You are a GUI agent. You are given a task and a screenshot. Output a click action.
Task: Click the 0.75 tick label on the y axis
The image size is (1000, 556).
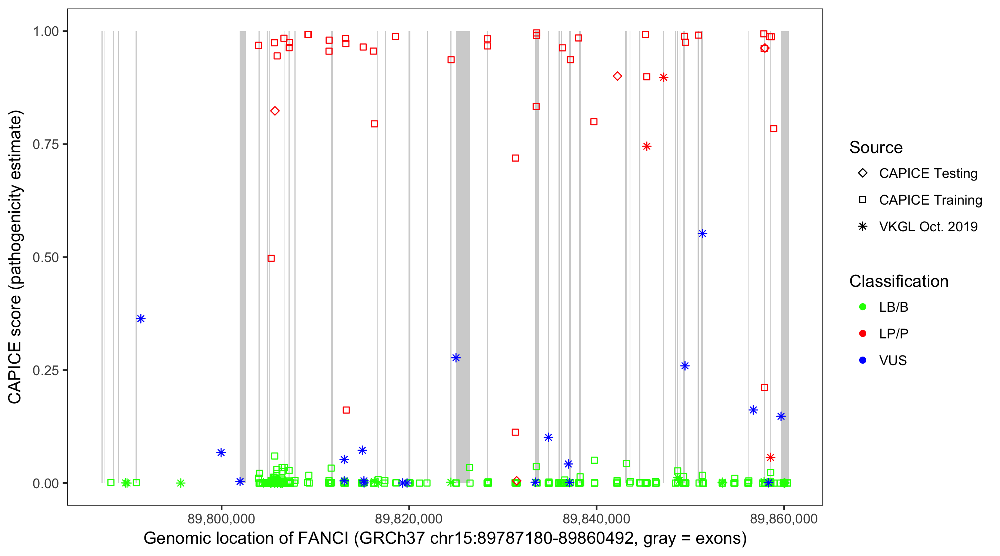[45, 145]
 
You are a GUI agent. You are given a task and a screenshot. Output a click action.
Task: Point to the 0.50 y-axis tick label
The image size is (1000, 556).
[45, 257]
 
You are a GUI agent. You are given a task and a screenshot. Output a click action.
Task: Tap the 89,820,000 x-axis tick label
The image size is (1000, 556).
[409, 519]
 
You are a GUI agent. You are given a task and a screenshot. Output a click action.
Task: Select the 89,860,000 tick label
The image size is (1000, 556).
[784, 519]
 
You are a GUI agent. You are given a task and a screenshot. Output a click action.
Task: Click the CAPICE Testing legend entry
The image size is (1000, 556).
[928, 173]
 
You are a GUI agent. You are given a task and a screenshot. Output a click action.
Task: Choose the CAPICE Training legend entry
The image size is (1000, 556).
[930, 200]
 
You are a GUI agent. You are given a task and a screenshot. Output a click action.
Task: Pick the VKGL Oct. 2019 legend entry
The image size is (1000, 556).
[928, 226]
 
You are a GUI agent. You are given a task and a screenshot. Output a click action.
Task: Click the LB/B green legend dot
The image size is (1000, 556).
[863, 307]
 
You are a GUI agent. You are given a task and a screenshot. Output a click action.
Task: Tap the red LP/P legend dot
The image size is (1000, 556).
[863, 334]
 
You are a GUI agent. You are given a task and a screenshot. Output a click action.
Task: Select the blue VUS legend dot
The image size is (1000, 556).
[863, 360]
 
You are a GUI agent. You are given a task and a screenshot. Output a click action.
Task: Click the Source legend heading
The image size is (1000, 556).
[876, 148]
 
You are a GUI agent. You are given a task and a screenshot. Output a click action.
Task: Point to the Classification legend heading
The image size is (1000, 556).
[899, 281]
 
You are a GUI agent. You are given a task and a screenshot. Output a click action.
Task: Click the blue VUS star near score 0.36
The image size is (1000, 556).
[141, 319]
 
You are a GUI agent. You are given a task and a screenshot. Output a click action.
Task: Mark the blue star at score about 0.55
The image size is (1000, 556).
[702, 234]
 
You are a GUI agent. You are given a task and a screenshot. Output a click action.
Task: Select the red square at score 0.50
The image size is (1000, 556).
[271, 258]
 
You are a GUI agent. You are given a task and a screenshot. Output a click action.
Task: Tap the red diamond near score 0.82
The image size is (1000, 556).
[275, 111]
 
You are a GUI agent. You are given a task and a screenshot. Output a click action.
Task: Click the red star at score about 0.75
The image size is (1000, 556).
[647, 146]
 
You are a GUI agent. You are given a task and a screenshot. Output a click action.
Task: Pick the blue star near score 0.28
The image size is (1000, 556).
[456, 358]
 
